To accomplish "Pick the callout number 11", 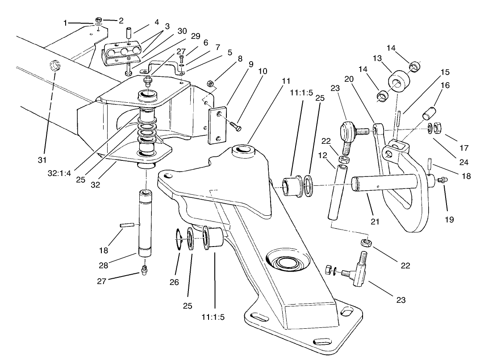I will pos(286,81).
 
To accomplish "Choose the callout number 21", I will pos(375,221).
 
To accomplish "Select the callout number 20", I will pos(349,79).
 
